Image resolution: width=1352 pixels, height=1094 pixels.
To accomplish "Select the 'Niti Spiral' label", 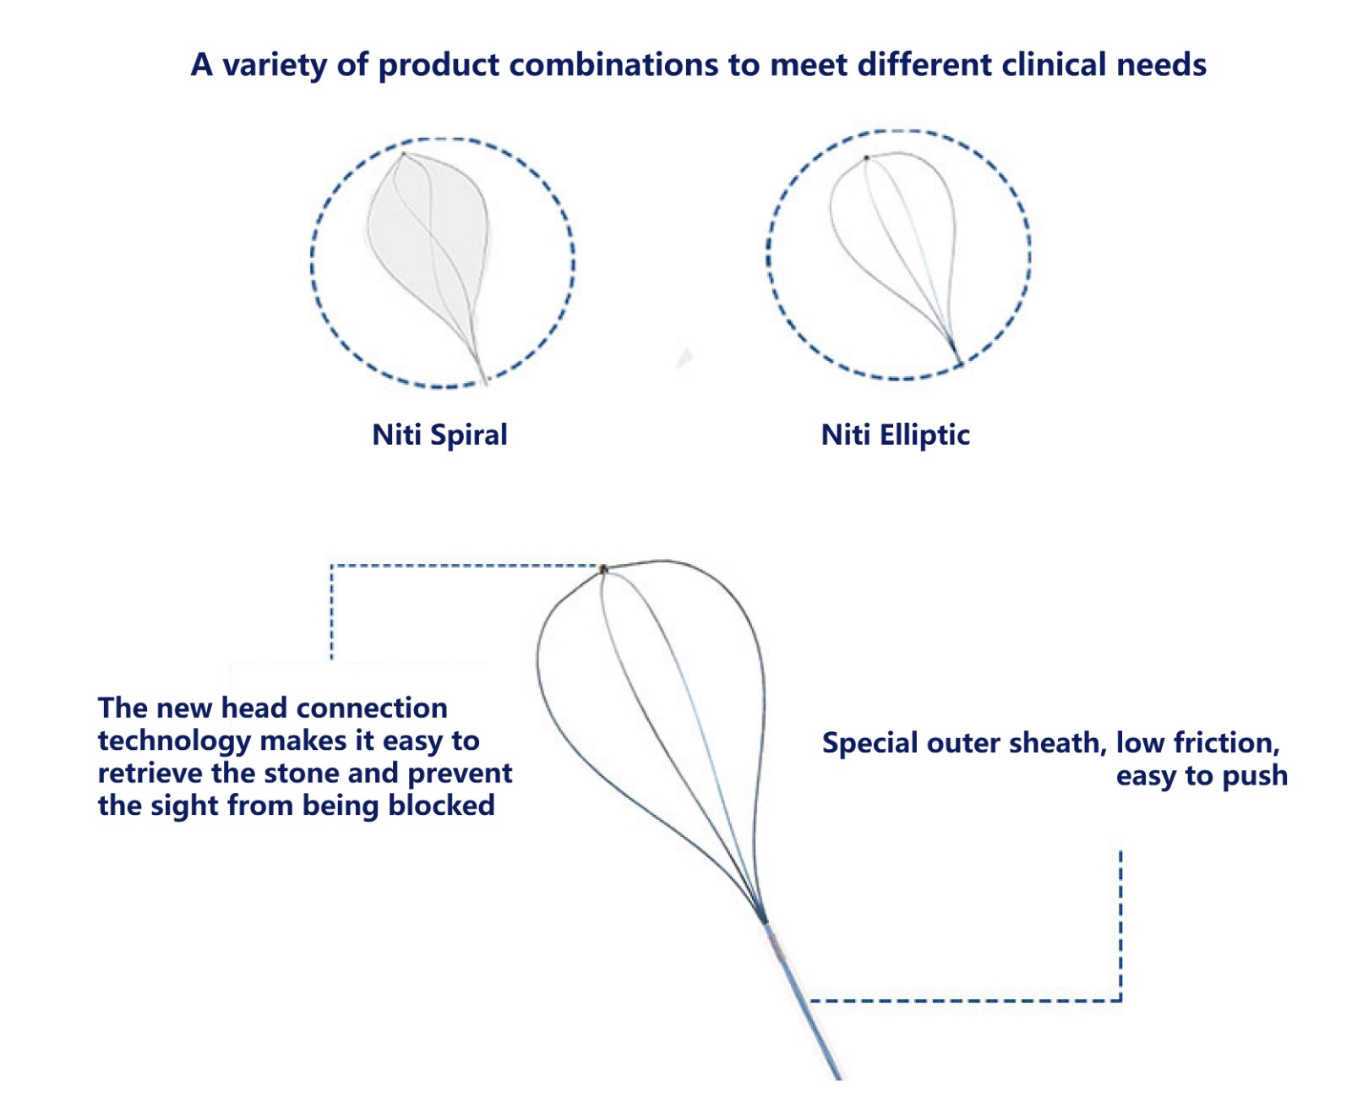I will pyautogui.click(x=439, y=435).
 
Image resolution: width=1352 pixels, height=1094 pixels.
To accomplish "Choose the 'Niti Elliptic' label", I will pyautogui.click(x=895, y=435).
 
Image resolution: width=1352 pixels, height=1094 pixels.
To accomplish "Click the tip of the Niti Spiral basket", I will pyautogui.click(x=403, y=154).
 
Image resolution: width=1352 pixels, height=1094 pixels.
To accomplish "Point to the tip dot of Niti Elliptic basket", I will pyautogui.click(x=866, y=158).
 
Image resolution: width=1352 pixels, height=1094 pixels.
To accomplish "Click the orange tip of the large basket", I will pyautogui.click(x=603, y=569).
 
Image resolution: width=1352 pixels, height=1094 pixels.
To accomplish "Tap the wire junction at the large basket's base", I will pyautogui.click(x=764, y=920).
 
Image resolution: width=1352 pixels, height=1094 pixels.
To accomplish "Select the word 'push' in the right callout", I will pyautogui.click(x=1256, y=775).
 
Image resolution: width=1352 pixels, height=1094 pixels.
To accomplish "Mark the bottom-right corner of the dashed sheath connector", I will pyautogui.click(x=1120, y=1001).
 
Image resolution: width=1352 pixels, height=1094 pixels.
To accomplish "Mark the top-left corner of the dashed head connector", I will pyautogui.click(x=331, y=566).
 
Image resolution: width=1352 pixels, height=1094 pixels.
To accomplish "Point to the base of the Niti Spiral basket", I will pyautogui.click(x=484, y=380).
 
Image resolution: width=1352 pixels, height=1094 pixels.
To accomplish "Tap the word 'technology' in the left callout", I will pyautogui.click(x=174, y=741).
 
